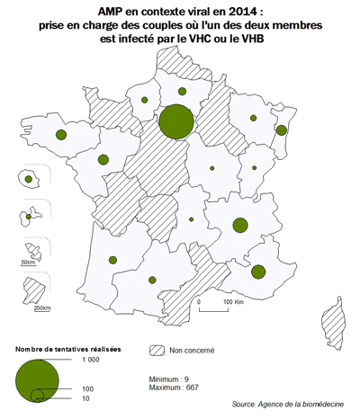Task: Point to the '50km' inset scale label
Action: pos(28,263)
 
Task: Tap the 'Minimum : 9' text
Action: pos(171,379)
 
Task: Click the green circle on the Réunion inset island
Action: pos(29,179)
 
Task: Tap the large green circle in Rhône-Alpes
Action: pos(240,225)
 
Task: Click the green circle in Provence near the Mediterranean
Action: pos(259,272)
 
